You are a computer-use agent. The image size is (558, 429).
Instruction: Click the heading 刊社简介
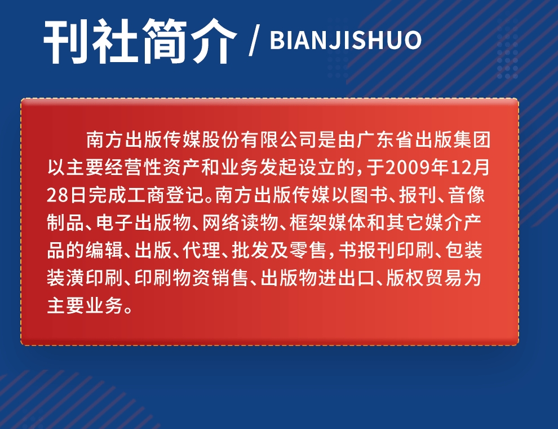click(140, 41)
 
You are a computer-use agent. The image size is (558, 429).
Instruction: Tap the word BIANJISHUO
click(346, 40)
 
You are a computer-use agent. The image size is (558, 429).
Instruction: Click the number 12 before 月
click(460, 167)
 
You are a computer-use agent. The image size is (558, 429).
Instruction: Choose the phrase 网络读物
click(240, 223)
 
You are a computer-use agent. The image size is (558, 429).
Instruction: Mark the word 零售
click(308, 250)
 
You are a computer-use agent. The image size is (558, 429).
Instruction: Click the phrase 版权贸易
click(424, 278)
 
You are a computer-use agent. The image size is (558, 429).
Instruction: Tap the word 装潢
click(66, 278)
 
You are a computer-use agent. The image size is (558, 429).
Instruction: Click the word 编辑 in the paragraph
click(105, 250)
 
